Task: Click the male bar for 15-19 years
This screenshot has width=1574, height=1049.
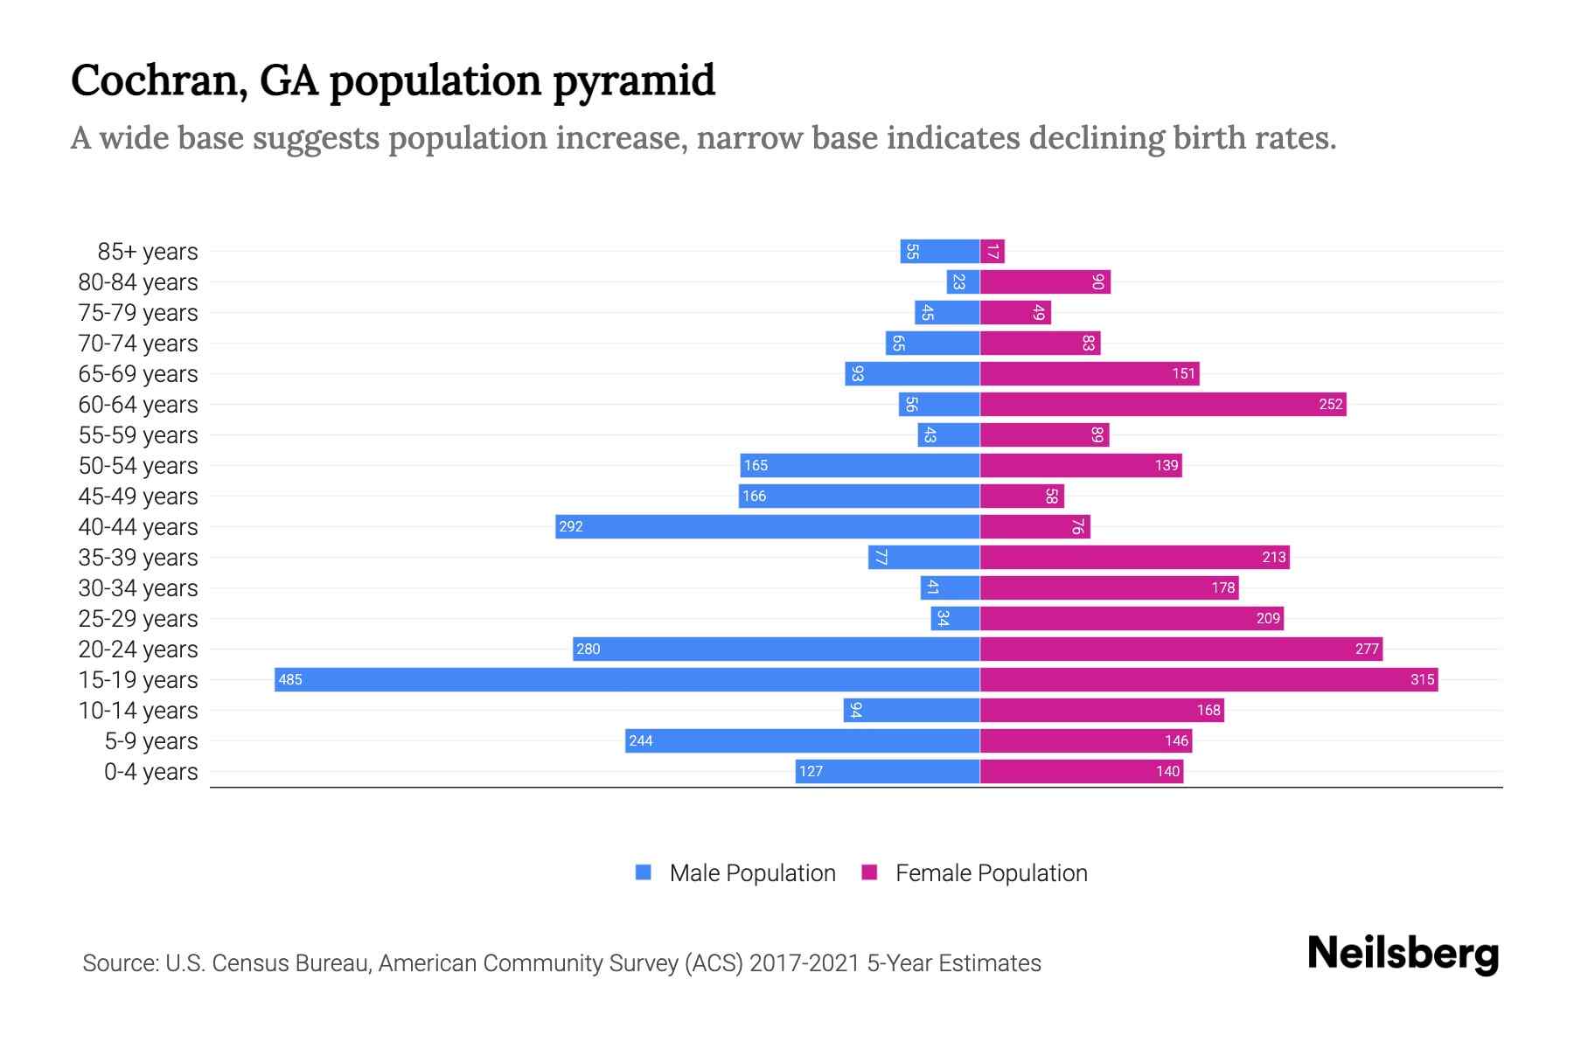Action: [x=627, y=679]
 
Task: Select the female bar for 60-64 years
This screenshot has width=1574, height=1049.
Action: [x=1163, y=404]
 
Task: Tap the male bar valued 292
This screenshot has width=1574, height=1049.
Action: [x=767, y=526]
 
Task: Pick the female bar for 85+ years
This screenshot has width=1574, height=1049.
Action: [x=992, y=252]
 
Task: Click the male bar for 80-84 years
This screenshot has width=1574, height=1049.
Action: [x=963, y=282]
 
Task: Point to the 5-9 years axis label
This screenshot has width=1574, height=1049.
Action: [x=150, y=741]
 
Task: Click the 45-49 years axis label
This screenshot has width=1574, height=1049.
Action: [x=138, y=497]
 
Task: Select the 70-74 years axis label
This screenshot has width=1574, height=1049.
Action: [x=138, y=344]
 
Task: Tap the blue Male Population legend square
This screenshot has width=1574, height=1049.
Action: [x=644, y=872]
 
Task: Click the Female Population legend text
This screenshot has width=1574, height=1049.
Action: [x=991, y=873]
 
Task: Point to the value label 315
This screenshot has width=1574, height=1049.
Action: [x=1422, y=679]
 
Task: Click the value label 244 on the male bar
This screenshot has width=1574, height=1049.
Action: [x=641, y=740]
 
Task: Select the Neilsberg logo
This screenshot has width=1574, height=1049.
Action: [x=1403, y=954]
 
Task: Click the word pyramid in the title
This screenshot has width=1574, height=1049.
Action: [x=634, y=80]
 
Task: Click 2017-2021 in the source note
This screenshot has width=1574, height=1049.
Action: [x=804, y=963]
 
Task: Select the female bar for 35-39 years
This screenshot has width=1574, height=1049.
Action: [x=1134, y=557]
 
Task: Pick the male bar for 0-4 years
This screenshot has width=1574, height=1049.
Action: [x=888, y=771]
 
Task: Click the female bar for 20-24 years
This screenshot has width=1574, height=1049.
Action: [x=1180, y=649]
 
